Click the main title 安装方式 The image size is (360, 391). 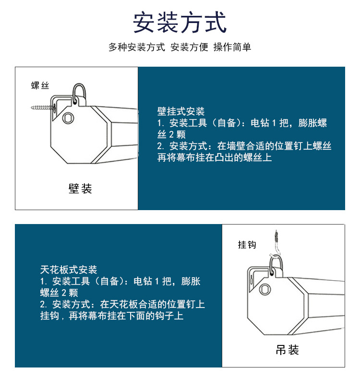180,23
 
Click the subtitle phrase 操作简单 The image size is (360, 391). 232,47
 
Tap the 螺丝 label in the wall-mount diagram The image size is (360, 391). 40,85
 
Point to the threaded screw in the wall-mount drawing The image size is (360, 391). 42,108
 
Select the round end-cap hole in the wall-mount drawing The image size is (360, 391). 68,118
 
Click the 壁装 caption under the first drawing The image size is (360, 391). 80,189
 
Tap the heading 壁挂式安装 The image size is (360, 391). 181,111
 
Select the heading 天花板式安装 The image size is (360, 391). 69,270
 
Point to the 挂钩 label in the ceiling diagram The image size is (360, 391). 247,245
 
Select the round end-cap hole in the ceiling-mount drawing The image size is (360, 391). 265,289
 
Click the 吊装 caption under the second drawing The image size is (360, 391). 287,350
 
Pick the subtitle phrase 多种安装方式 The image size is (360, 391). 137,47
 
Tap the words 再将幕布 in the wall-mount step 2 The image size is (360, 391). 176,157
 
